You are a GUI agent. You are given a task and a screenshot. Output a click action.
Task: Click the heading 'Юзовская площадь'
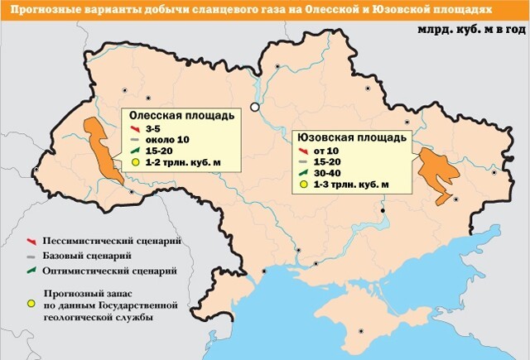pos(353,136)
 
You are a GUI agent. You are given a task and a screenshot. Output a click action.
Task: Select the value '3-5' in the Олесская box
pos(152,130)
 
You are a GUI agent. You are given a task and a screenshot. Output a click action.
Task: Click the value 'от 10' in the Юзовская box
pos(325,150)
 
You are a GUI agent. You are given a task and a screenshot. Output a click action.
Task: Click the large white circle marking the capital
pos(256,107)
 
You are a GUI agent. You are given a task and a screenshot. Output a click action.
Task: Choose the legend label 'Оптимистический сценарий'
pos(113,271)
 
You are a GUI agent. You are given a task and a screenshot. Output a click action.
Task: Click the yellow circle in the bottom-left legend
pos(31,304)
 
